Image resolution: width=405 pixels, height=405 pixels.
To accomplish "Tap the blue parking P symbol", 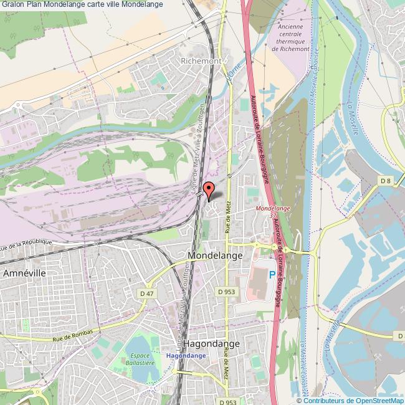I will (272, 274).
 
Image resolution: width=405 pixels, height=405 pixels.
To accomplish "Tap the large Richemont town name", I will (201, 61).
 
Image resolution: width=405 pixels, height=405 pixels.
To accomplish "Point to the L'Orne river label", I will (234, 74).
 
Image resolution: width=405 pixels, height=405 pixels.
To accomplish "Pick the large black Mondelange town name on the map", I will (212, 255).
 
